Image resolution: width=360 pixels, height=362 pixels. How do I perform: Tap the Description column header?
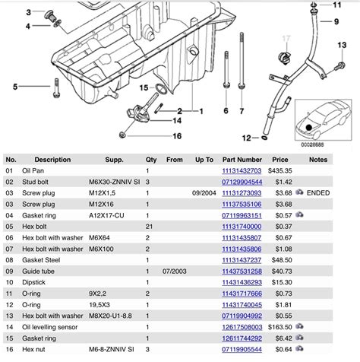(52, 160)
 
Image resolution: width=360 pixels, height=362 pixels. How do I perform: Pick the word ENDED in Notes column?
(319, 193)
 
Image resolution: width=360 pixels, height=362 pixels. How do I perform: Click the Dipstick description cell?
(39, 281)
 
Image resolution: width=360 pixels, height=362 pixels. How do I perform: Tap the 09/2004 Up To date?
(204, 193)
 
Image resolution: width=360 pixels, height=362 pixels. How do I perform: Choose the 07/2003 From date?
(175, 271)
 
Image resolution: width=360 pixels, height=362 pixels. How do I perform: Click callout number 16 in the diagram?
(177, 136)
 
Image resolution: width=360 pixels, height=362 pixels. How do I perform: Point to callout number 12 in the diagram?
(246, 138)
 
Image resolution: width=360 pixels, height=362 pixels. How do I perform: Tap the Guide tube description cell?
(42, 271)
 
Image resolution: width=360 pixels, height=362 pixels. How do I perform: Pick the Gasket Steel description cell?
(46, 259)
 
